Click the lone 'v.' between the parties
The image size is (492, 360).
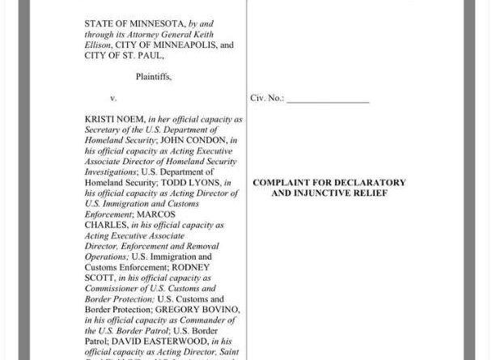coord(113,98)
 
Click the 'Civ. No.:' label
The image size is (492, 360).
coord(267,98)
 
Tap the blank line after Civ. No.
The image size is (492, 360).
coord(328,100)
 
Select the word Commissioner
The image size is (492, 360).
coord(112,288)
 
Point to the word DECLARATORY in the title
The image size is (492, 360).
coord(369,183)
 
